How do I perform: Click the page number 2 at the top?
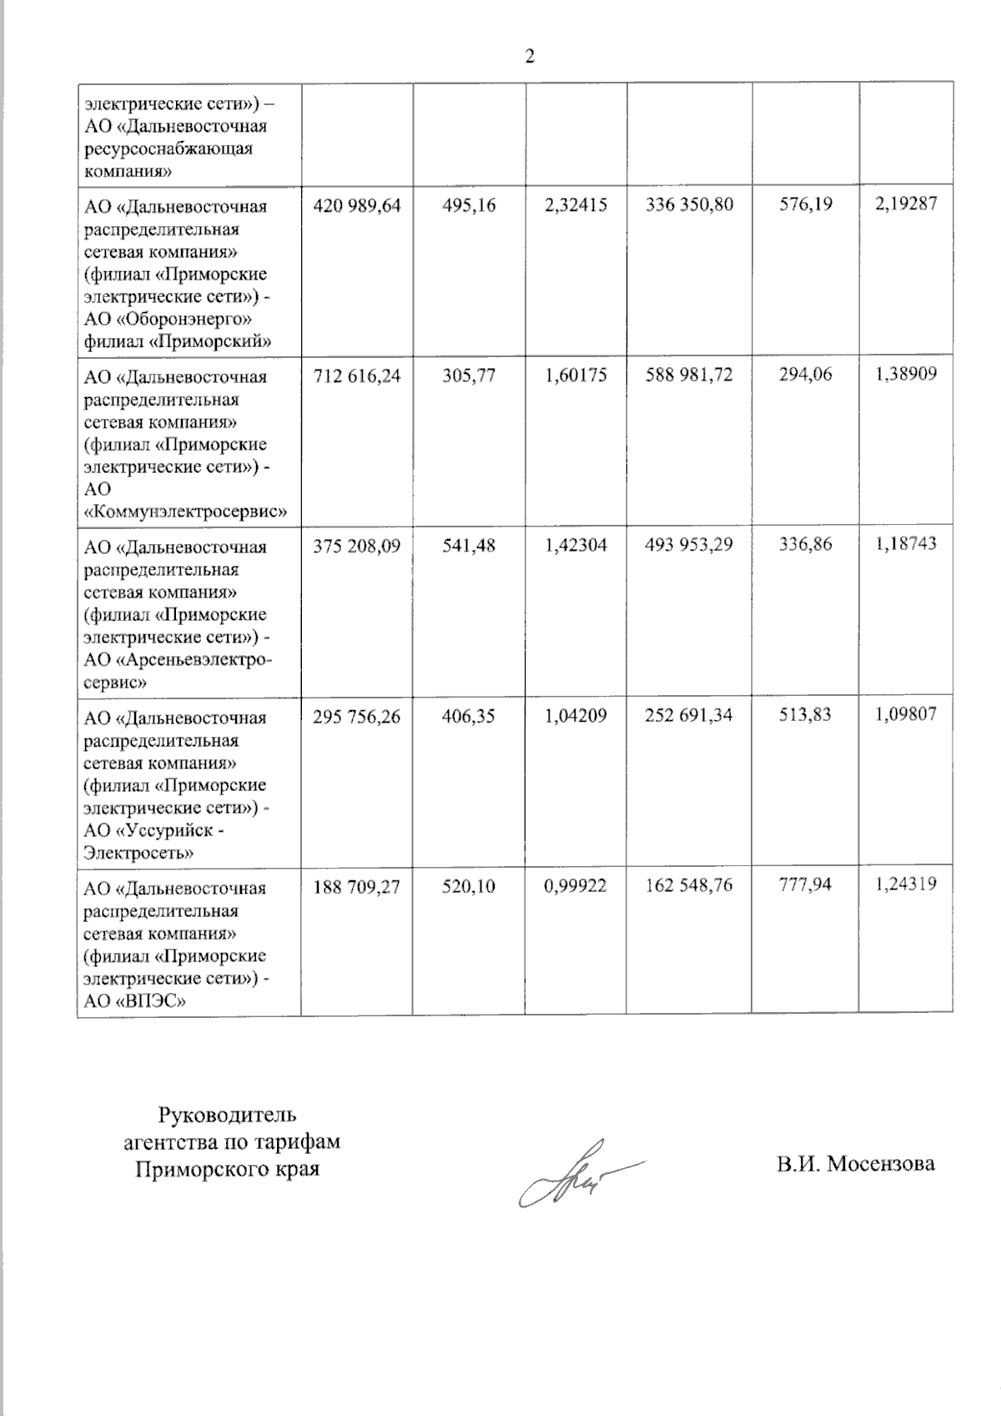[x=529, y=58]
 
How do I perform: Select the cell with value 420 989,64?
[x=356, y=205]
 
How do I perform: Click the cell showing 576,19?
[x=806, y=204]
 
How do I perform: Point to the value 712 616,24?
[x=356, y=375]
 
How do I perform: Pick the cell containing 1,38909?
[x=906, y=374]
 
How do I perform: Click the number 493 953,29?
[x=689, y=545]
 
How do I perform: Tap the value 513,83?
[x=805, y=714]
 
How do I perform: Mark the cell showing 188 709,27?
[x=356, y=886]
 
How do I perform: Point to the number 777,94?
[x=805, y=884]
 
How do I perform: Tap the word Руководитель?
[x=228, y=1115]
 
